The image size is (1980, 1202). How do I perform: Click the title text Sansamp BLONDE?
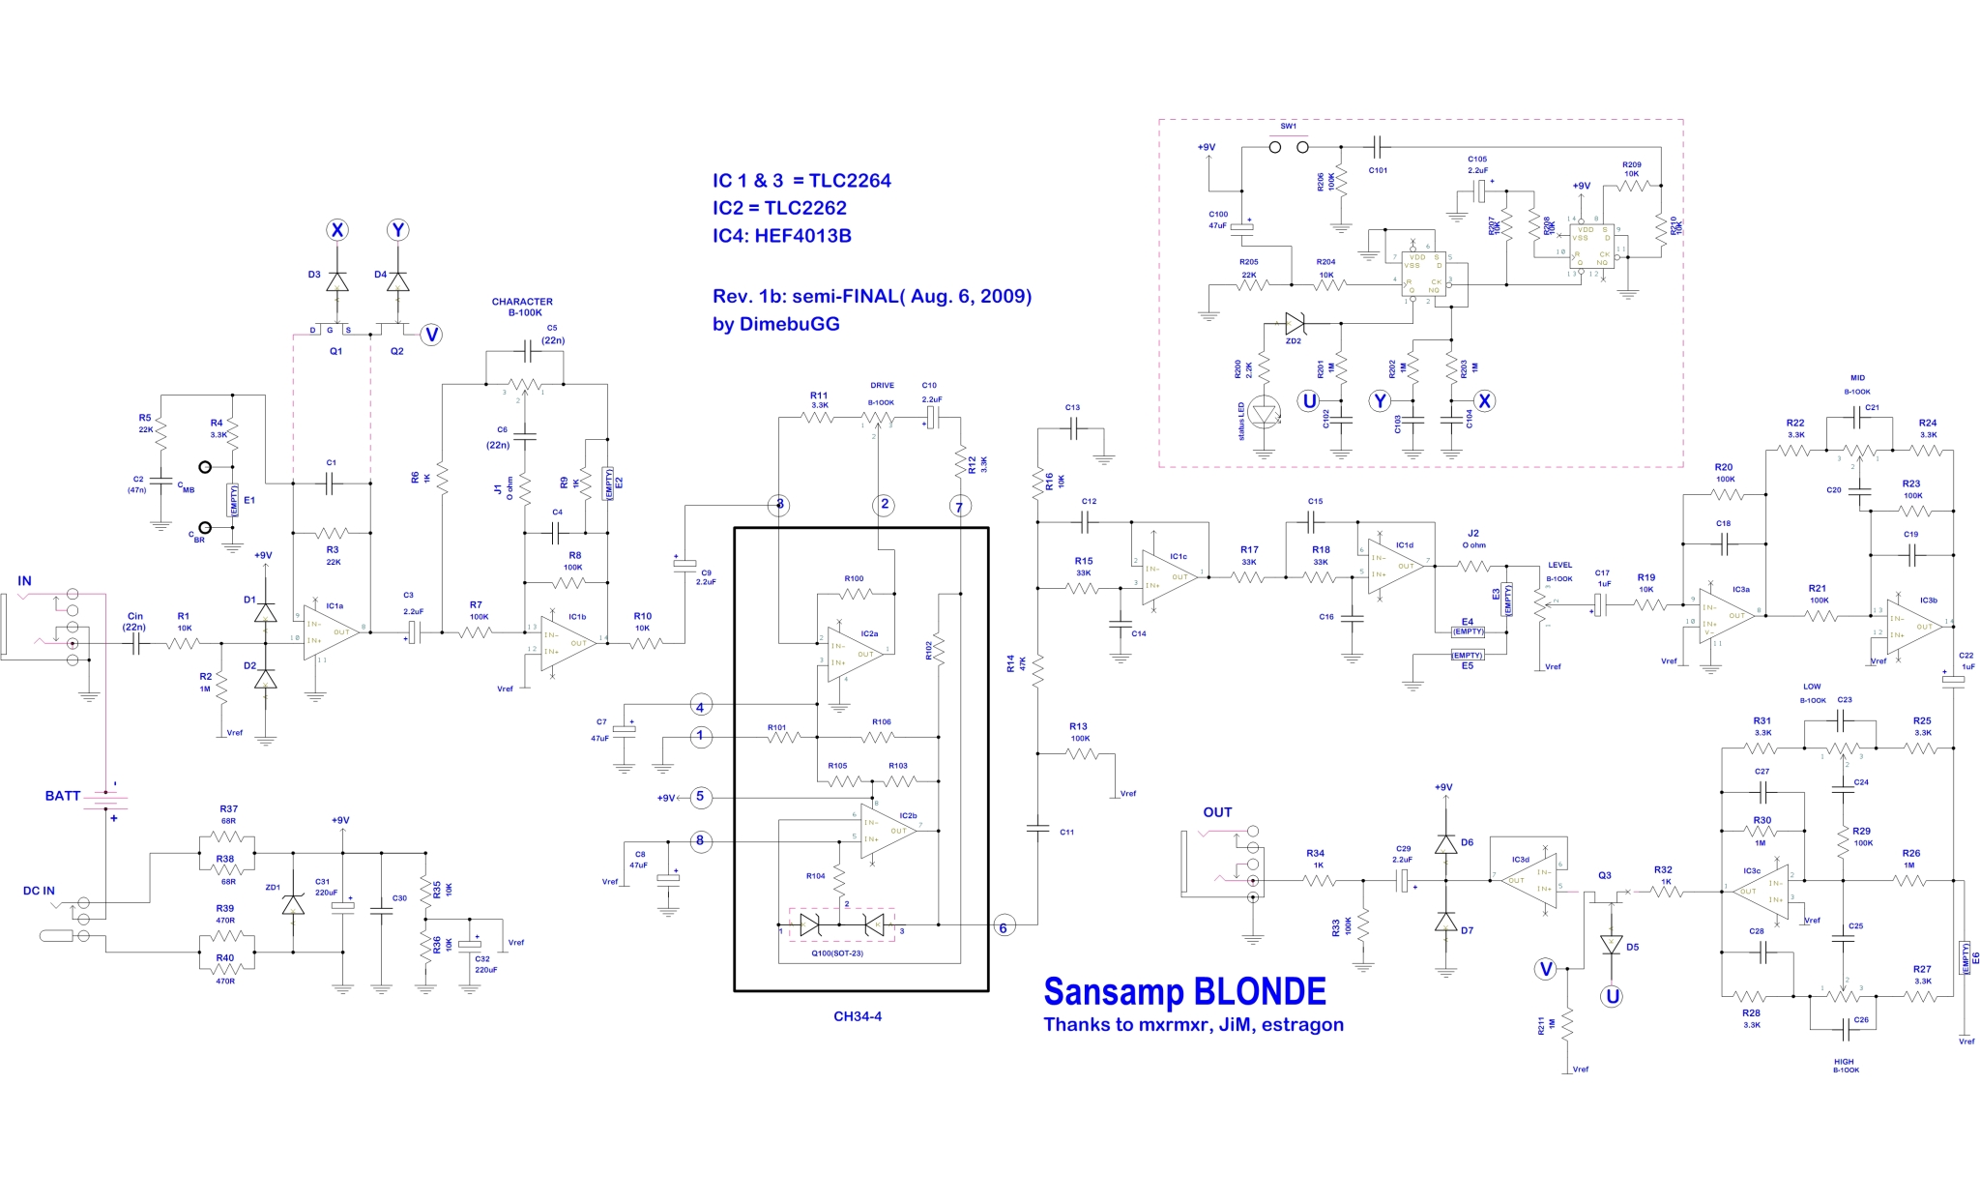point(1184,992)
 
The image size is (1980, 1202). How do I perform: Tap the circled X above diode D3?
point(336,230)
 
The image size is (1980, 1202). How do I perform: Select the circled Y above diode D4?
point(397,230)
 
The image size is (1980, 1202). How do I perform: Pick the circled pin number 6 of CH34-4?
point(1003,927)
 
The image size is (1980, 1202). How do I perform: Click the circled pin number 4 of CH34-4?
point(700,706)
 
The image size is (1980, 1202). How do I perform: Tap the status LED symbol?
point(1263,414)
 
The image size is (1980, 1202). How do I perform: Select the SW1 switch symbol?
point(1289,147)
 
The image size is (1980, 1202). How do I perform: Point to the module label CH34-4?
point(858,1016)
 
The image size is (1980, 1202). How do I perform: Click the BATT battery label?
point(63,796)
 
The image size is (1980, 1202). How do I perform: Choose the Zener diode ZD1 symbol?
point(293,905)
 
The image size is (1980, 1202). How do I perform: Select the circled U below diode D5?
point(1612,996)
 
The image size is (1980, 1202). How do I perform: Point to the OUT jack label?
point(1217,812)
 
